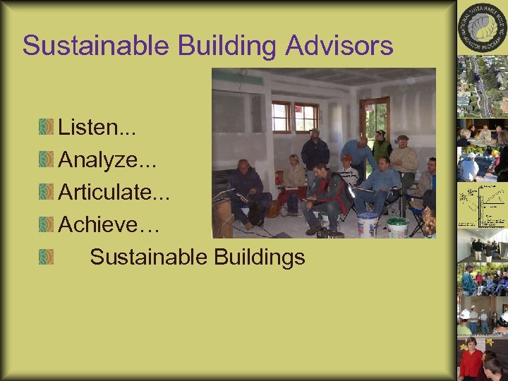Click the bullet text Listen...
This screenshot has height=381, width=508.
[x=87, y=128]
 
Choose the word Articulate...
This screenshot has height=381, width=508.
[x=105, y=192]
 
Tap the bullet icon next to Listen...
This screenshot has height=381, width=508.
[x=47, y=128]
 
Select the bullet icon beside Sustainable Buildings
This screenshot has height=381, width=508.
[x=47, y=256]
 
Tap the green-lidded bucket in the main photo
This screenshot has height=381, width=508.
[x=397, y=227]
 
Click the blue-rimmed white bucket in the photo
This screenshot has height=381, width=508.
[x=368, y=224]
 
